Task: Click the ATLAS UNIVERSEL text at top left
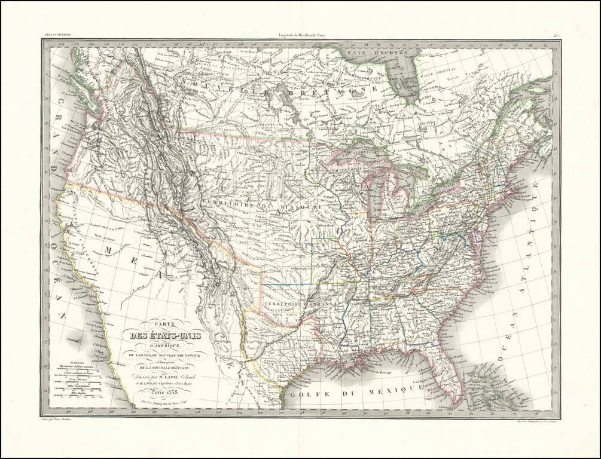pos(58,36)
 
